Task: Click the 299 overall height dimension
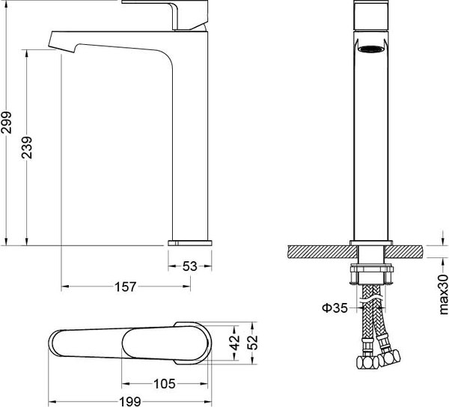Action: click(6, 123)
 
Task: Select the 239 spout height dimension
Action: click(27, 147)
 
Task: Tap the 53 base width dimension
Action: click(190, 266)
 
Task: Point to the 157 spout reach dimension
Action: click(126, 287)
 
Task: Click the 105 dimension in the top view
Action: click(165, 384)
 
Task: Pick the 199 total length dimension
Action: click(129, 402)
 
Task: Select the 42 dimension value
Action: click(236, 343)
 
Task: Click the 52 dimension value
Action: click(253, 343)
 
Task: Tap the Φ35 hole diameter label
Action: click(335, 308)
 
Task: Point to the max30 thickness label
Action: click(443, 294)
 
